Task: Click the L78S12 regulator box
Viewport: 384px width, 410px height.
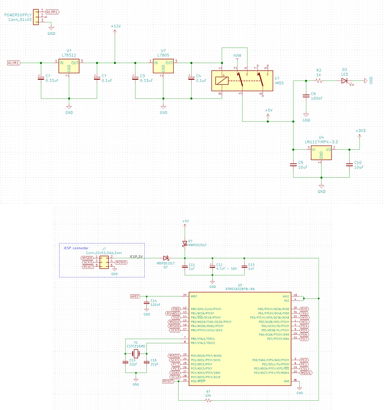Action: (69, 67)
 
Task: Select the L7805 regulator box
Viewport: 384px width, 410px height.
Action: (163, 67)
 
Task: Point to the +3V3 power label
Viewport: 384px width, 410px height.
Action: (359, 131)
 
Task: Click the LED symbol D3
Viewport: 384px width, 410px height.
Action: (344, 80)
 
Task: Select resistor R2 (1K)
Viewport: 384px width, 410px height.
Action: (319, 80)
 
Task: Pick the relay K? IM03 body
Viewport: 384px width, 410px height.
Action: (243, 80)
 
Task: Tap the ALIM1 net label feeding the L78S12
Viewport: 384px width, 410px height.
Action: (14, 63)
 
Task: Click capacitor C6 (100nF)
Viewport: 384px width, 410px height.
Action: (306, 96)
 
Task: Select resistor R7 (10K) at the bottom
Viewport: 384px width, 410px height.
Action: (208, 399)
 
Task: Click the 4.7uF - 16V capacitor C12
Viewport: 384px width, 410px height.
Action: (212, 266)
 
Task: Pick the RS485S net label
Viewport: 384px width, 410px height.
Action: (175, 313)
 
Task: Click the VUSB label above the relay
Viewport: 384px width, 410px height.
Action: (237, 56)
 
